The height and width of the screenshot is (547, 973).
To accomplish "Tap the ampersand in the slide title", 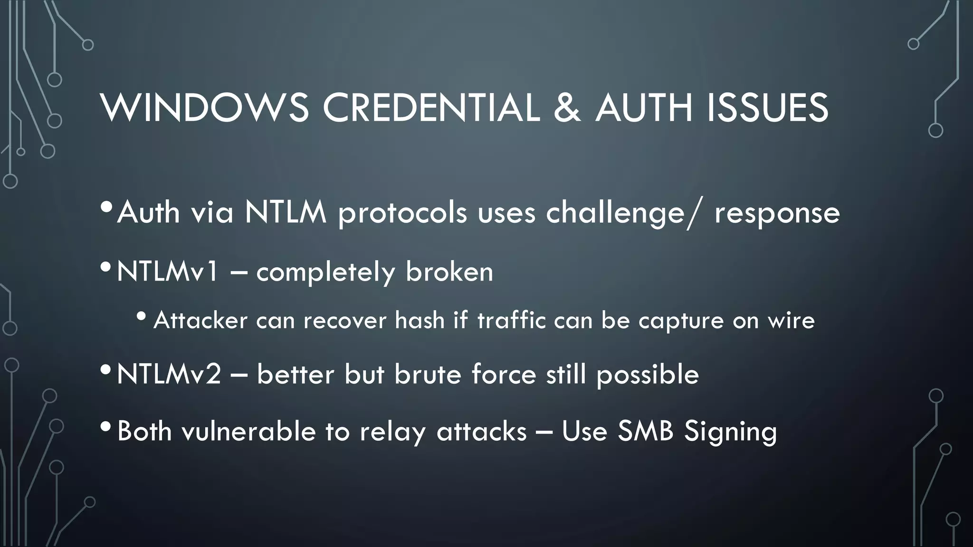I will [x=567, y=108].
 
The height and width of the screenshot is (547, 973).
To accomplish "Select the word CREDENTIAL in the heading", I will [x=431, y=108].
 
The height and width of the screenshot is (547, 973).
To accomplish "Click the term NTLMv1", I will [x=168, y=272].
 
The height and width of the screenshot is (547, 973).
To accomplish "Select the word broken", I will [x=449, y=272].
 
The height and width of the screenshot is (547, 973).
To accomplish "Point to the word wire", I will [x=792, y=320].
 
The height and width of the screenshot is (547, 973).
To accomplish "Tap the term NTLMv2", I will [x=169, y=374].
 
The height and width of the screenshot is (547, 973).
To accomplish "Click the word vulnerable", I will [x=248, y=431].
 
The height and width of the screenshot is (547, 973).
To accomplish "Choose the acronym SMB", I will [x=646, y=431].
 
